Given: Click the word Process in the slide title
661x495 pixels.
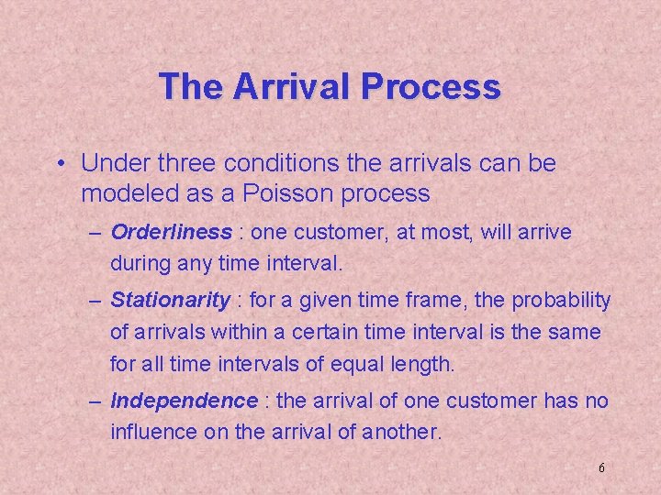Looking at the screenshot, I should pyautogui.click(x=431, y=86).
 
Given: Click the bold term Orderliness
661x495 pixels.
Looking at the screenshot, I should pyautogui.click(x=171, y=233).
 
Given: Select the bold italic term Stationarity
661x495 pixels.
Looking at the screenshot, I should pyautogui.click(x=170, y=300).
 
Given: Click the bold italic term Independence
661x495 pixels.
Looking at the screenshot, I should pyautogui.click(x=184, y=401).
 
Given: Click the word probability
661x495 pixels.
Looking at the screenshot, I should pyautogui.click(x=560, y=300).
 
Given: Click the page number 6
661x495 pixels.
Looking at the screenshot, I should pyautogui.click(x=601, y=468).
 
